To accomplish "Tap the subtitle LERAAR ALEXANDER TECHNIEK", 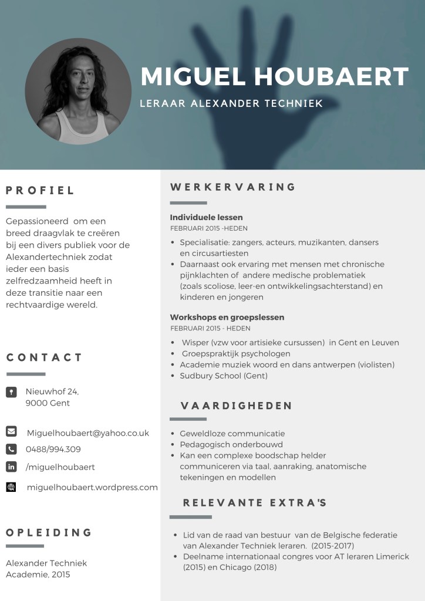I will pos(231,104).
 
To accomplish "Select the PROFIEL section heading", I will pos(41,190).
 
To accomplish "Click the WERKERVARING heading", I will pos(233,187).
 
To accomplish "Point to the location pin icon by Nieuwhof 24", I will pos(11,392).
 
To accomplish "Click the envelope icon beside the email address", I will pos(11,431).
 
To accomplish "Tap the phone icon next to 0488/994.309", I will pos(11,449).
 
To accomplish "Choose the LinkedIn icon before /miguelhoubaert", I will pos(11,467).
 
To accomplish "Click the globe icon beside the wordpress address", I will pos(11,487).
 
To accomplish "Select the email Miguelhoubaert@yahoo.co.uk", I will pos(88,433).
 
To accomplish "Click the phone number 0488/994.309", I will pos(53,450).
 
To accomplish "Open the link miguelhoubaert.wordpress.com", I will pos(92,487).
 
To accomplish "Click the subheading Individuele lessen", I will pos(206,217).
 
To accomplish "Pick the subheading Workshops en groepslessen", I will pos(227,317).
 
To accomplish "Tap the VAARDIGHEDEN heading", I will pos(236,406).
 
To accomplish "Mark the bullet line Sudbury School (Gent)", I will pos(224,376).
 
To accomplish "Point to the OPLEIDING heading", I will pos(49,533).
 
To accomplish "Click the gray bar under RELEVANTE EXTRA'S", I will pos(190,517).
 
